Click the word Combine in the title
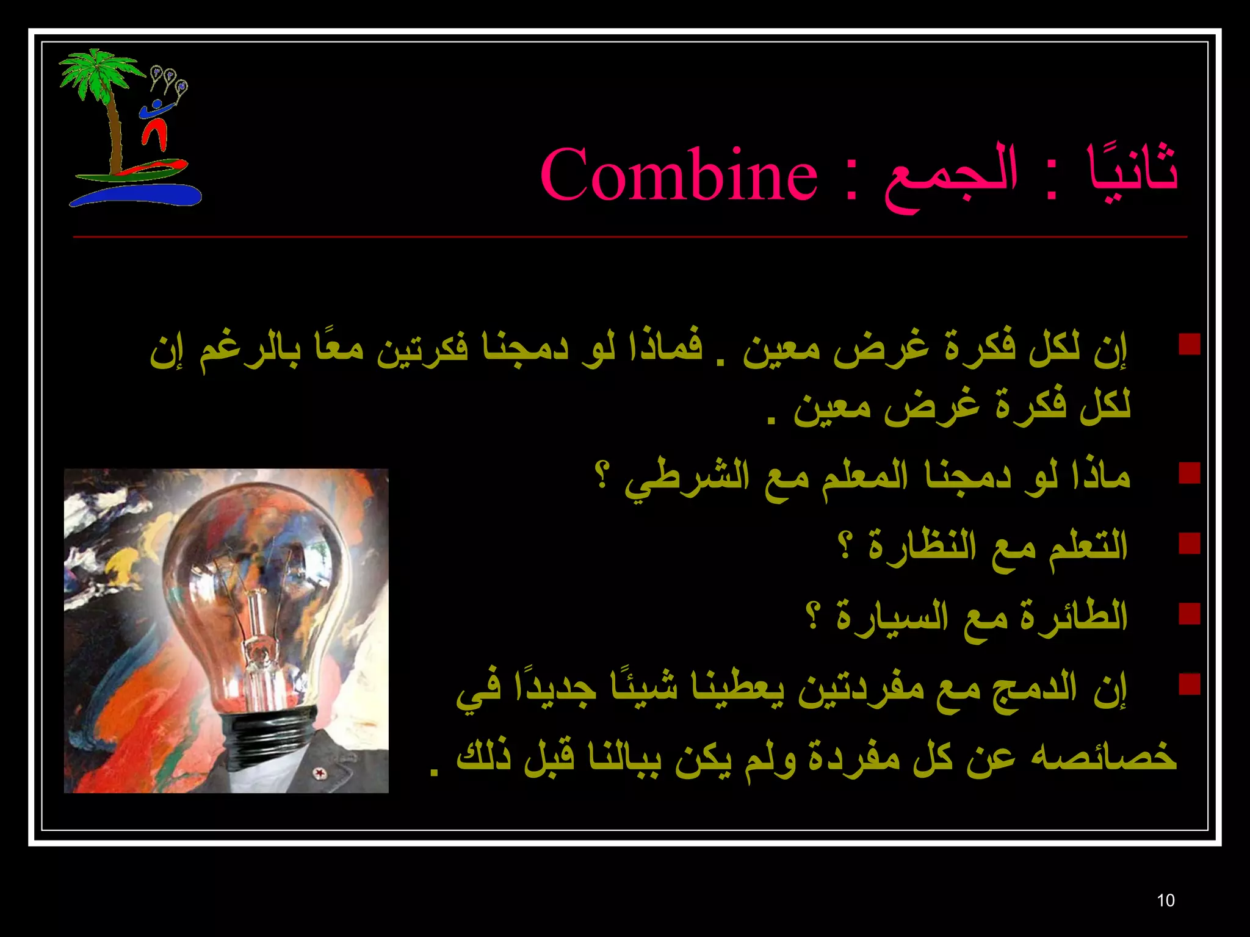click(x=678, y=176)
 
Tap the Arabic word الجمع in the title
click(x=950, y=176)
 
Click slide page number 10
click(x=1165, y=900)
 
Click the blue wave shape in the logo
click(x=137, y=195)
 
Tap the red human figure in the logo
click(x=155, y=131)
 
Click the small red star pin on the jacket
click(x=317, y=774)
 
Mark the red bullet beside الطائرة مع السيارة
click(x=1190, y=614)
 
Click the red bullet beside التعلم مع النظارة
click(x=1190, y=543)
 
